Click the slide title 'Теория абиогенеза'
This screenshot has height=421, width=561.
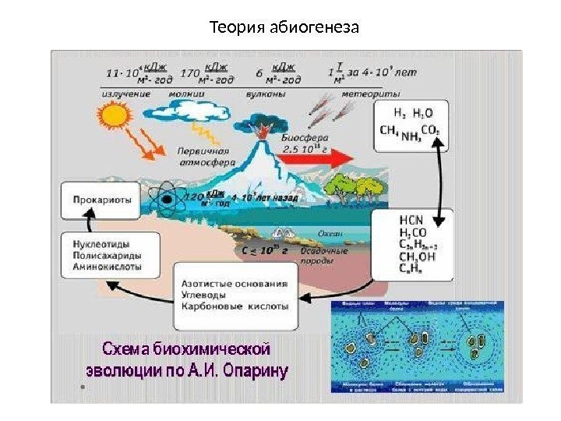pos(284,30)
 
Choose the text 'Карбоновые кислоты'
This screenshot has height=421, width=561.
pos(235,306)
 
